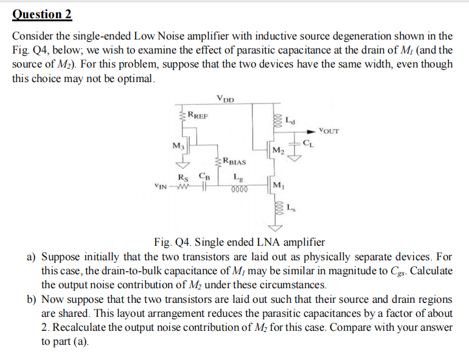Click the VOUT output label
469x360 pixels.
[329, 131]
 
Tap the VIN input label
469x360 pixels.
[162, 187]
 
